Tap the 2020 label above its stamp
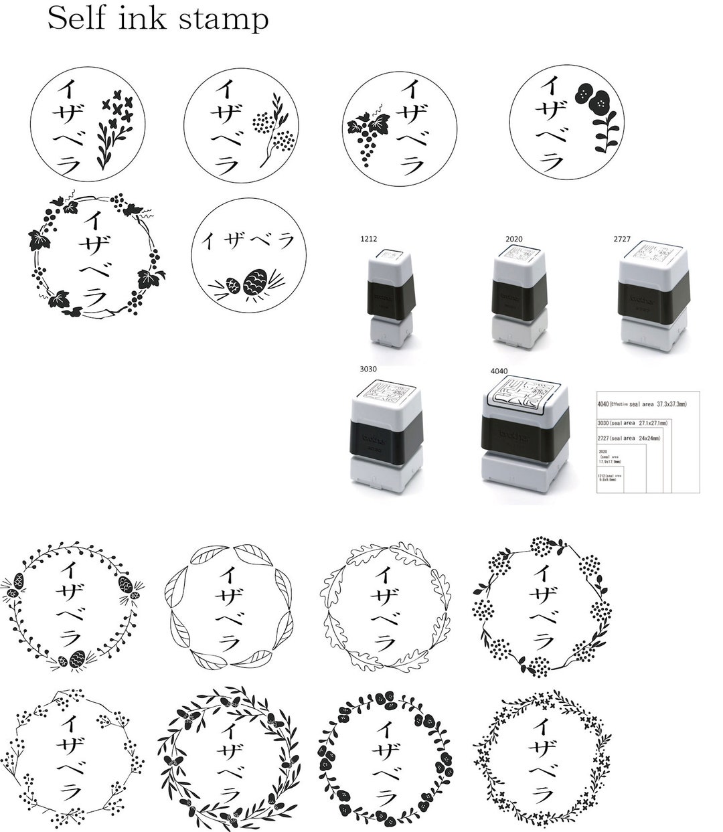pyautogui.click(x=513, y=238)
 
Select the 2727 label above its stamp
pyautogui.click(x=623, y=238)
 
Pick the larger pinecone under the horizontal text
pyautogui.click(x=257, y=280)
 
